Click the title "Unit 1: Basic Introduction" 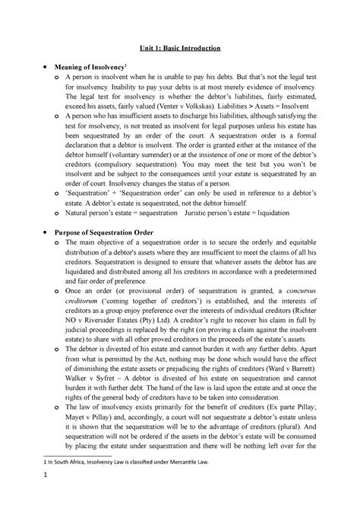(179, 48)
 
